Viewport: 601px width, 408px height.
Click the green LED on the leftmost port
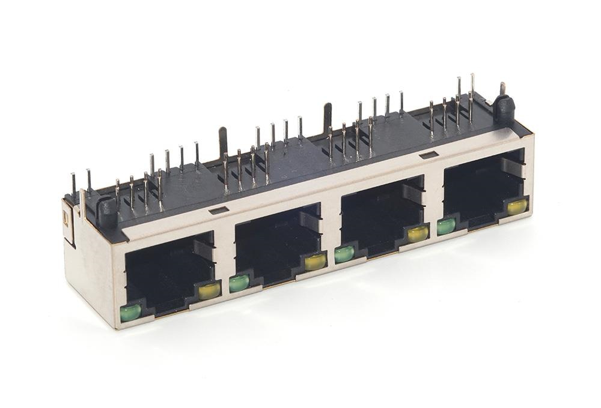(x=130, y=311)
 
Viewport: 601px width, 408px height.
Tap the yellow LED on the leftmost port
(x=209, y=291)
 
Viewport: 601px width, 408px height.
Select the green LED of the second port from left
(x=239, y=283)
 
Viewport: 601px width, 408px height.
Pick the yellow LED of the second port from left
(x=316, y=261)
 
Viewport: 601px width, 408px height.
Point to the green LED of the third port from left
(x=344, y=254)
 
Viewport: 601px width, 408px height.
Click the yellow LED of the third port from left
(x=418, y=234)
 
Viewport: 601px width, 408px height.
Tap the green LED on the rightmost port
(x=446, y=226)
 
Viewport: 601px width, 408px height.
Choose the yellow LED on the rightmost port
(x=517, y=207)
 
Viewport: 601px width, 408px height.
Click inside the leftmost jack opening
(x=165, y=270)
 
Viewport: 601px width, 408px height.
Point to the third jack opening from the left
(x=379, y=216)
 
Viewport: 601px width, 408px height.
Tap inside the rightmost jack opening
(x=481, y=189)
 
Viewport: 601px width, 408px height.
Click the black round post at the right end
(x=504, y=108)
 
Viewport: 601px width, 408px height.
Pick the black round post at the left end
(x=108, y=211)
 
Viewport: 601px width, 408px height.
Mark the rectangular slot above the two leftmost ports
(x=220, y=210)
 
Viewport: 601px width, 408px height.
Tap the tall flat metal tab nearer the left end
(x=222, y=141)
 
